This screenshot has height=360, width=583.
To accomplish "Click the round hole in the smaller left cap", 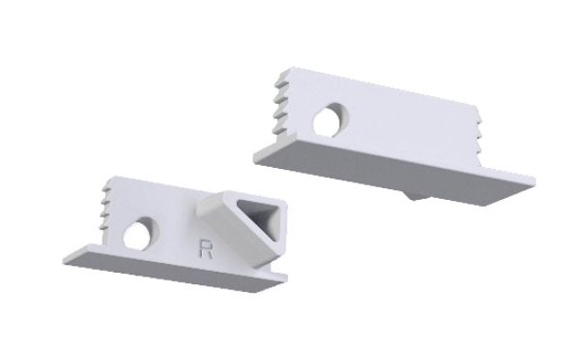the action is click(x=142, y=234).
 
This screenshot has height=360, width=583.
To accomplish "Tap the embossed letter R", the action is click(x=206, y=249).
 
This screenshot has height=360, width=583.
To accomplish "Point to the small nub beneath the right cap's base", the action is click(x=417, y=196).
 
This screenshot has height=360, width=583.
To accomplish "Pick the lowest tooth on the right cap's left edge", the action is click(x=279, y=130).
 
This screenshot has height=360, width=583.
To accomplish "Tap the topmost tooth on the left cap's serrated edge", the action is click(x=108, y=191).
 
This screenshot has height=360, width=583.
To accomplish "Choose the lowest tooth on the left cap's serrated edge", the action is click(x=106, y=226).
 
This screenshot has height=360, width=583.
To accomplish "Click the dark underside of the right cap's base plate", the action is click(x=390, y=175).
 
